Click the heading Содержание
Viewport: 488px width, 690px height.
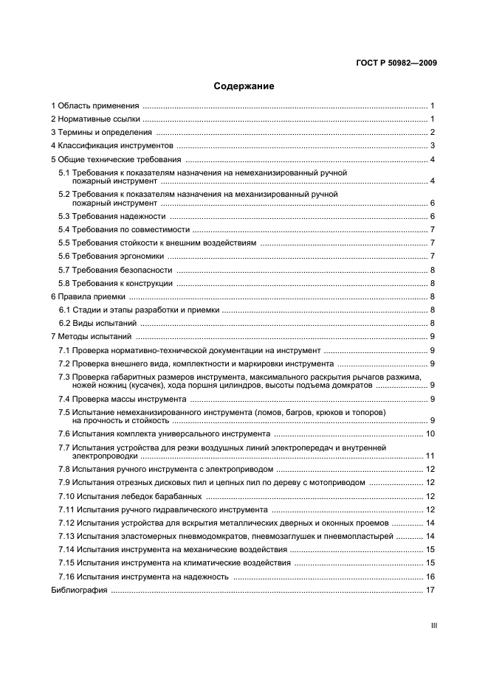click(x=244, y=86)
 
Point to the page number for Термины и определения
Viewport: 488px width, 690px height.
click(x=433, y=133)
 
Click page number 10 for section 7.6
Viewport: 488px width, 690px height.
click(x=430, y=434)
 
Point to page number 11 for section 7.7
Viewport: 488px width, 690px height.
click(x=430, y=456)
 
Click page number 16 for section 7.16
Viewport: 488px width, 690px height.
click(x=430, y=576)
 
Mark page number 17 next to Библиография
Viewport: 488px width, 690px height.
click(x=430, y=590)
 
